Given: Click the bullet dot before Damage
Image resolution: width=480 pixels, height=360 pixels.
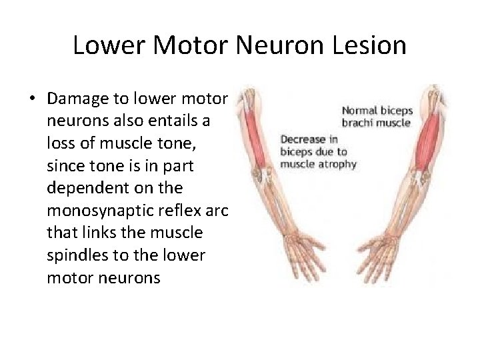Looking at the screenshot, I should point(32,98).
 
